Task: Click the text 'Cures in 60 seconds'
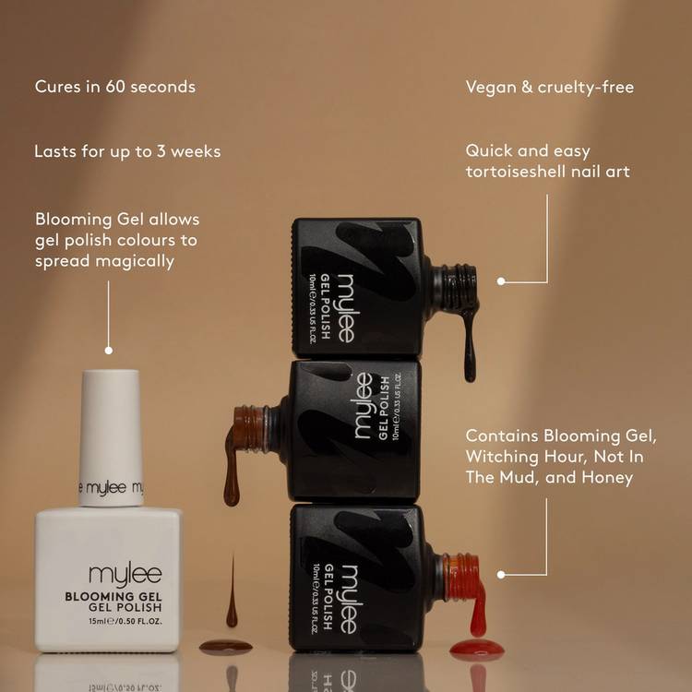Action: coord(115,87)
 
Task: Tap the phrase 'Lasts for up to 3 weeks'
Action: coord(127,151)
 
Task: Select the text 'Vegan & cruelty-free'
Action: coord(550,87)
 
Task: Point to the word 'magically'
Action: coord(135,261)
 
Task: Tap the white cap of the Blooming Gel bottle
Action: coord(111,437)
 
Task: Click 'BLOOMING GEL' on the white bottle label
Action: coord(113,597)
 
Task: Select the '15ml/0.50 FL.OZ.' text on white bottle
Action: coord(125,621)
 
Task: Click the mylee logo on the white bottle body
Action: coord(125,575)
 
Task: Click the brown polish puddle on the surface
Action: coord(225,647)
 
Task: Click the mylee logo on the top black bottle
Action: coord(346,308)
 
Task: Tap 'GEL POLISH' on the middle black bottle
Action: coord(384,408)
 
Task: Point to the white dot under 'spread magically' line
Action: coord(109,351)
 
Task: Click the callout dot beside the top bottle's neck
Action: coord(501,281)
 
